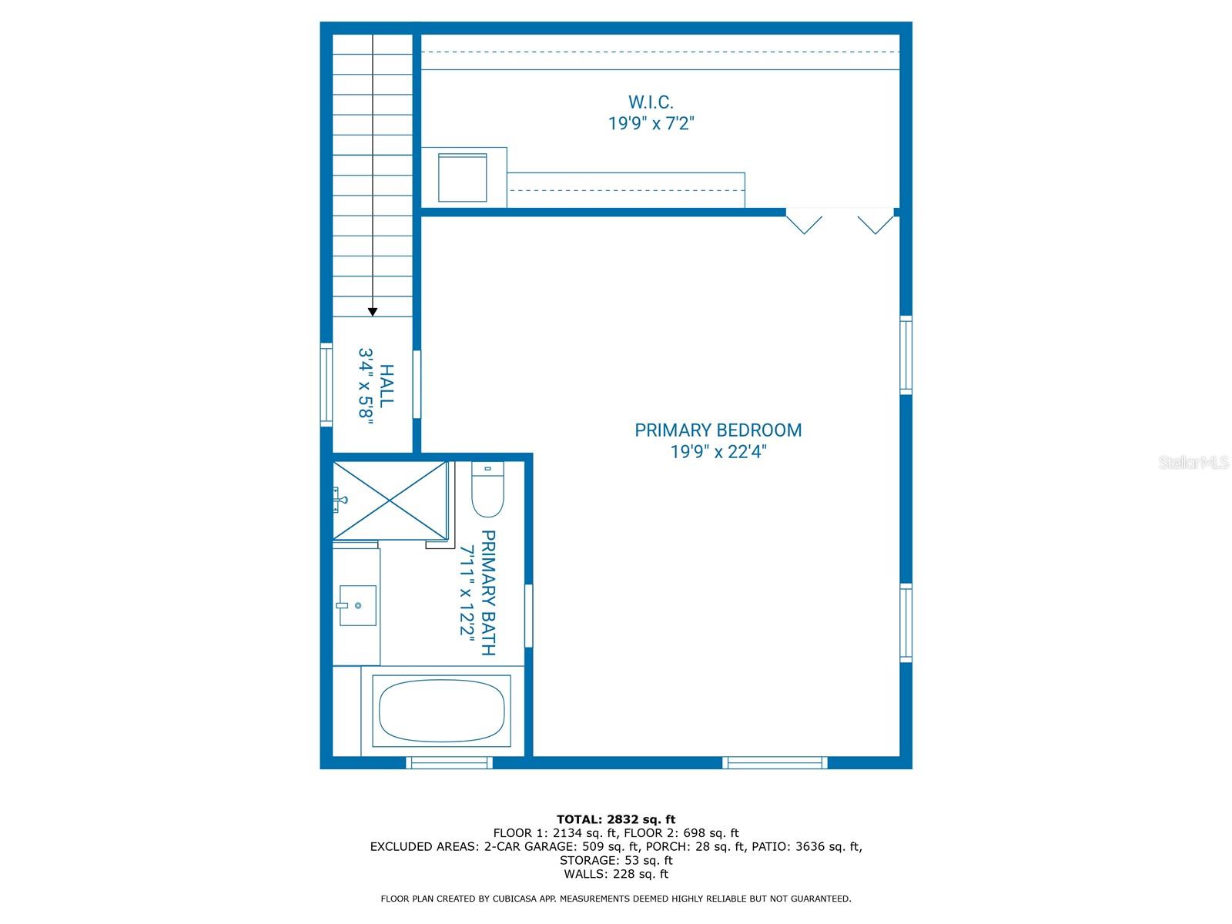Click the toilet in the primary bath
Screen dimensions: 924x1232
[487, 493]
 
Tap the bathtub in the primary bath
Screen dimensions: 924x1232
[441, 711]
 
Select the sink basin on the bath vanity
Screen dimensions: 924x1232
[358, 605]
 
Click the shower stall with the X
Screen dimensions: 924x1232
[390, 500]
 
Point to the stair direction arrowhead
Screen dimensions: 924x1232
[373, 312]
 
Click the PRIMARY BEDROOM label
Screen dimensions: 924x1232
[718, 430]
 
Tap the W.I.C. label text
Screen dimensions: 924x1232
[651, 102]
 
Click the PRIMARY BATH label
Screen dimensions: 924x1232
[487, 593]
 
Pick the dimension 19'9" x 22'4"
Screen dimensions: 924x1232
[718, 452]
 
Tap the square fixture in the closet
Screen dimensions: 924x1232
[462, 177]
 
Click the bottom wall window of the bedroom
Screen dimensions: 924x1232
[775, 763]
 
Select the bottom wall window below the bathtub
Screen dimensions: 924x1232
[449, 763]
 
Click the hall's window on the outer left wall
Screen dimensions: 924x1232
[326, 384]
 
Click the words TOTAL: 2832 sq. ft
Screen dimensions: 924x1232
[615, 819]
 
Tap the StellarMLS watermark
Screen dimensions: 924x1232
[1193, 463]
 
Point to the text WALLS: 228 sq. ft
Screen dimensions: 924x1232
[615, 874]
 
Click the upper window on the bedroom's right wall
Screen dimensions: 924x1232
[906, 355]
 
